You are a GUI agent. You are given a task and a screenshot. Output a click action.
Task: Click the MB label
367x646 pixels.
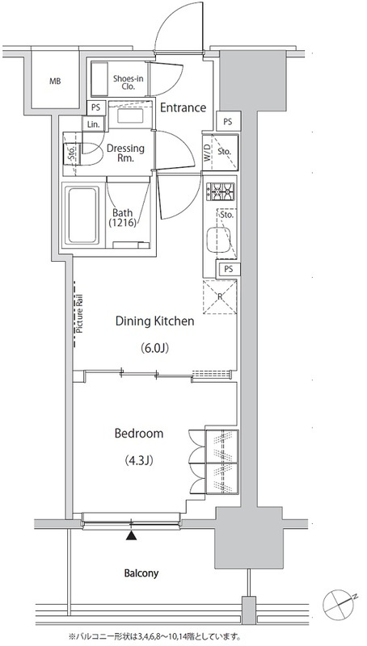pos(55,82)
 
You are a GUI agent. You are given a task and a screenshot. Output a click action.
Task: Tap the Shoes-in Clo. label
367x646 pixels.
pos(129,82)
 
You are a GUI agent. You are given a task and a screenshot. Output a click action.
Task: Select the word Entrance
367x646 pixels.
pos(183,108)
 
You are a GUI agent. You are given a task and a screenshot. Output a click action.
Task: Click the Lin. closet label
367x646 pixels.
pos(93,124)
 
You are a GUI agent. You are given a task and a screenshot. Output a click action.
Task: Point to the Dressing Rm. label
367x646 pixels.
pos(125,153)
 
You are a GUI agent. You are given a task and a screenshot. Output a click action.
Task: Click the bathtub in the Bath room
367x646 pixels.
pos(84,215)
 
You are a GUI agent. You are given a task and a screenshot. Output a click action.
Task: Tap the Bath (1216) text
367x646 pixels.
pos(123,218)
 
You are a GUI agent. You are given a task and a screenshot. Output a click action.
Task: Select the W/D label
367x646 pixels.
pos(207,152)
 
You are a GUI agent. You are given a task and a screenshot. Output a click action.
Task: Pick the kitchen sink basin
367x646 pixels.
pos(216,240)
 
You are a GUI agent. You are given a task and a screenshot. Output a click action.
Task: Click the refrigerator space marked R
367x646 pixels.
pos(220,296)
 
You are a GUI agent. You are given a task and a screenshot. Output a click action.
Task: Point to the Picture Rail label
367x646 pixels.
pos(79,313)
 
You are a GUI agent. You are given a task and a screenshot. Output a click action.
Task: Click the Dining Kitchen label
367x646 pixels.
pos(154,321)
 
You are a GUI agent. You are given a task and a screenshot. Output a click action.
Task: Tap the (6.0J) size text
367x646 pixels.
pos(154,349)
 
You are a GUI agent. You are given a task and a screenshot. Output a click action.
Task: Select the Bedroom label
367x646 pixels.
pos(139,433)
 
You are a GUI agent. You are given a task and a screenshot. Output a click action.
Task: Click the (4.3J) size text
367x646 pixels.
pos(139,460)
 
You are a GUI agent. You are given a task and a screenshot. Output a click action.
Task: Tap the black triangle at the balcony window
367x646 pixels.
pos(131,535)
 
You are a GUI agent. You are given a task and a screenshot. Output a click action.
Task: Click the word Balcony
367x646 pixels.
pos(141,573)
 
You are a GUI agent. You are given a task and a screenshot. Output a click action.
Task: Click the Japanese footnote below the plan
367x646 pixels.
pos(154,636)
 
